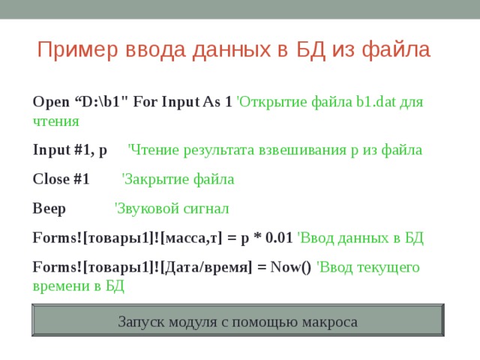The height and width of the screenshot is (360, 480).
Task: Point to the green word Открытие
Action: [269, 101]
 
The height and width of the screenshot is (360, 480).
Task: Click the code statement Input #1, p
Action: [70, 150]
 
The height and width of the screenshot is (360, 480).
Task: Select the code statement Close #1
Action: [61, 179]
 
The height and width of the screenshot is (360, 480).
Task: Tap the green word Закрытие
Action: [154, 179]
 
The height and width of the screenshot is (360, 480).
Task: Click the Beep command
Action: [49, 208]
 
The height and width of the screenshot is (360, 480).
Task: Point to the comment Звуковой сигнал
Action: [172, 208]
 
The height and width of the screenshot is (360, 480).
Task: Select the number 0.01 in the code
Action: [279, 238]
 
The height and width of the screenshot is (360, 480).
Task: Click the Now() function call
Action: [290, 268]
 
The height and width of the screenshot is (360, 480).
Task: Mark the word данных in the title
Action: [224, 50]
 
